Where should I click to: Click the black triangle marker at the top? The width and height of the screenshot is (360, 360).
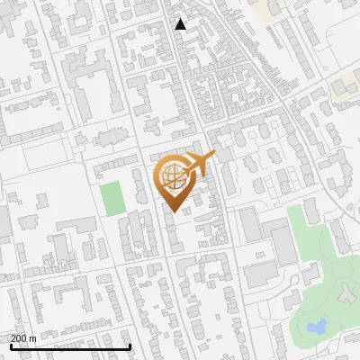click(181, 24)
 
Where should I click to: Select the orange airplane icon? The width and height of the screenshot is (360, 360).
click(199, 164)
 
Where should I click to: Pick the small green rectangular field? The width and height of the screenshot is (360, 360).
click(112, 198)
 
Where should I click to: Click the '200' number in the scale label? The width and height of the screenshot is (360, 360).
click(18, 338)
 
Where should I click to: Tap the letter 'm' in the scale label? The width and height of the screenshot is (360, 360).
click(32, 338)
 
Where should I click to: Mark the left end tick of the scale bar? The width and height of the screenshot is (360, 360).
click(9, 346)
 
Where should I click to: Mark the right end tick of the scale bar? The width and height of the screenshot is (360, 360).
click(130, 346)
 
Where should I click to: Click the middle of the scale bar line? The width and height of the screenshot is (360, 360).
click(70, 347)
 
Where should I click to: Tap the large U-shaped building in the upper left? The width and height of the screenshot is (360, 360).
click(91, 90)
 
